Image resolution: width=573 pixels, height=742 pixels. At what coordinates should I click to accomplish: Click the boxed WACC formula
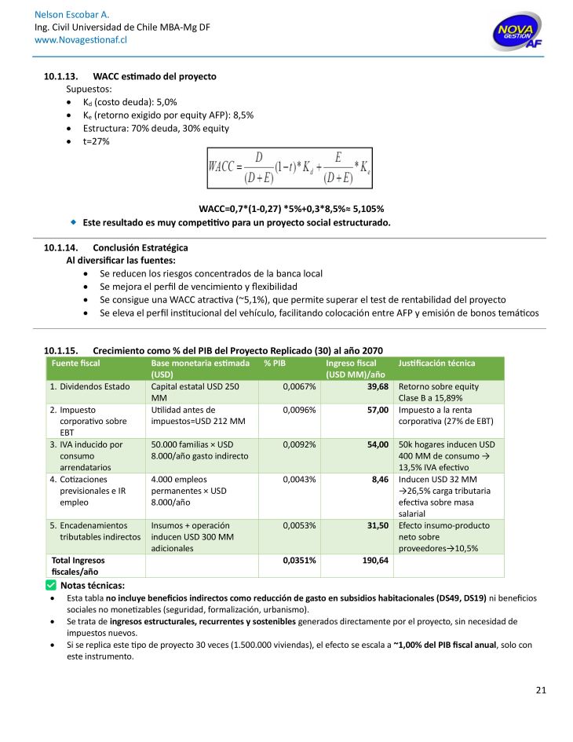coord(289,168)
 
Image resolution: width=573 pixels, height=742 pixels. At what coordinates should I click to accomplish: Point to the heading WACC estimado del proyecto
coord(154,76)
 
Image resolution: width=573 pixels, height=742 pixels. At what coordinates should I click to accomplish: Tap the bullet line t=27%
coord(97,141)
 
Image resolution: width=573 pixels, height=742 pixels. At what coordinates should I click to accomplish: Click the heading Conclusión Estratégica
coord(140,248)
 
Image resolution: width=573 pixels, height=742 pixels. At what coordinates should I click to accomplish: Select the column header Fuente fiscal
coord(76,364)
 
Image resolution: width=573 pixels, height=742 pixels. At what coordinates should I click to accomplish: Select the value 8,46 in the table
coord(380,479)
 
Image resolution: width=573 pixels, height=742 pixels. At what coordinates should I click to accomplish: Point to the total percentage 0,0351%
coord(299,561)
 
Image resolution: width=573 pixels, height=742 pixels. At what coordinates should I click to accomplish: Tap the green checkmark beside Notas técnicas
coord(50,585)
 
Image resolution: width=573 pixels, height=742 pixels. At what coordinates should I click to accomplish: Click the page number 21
coord(540,690)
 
